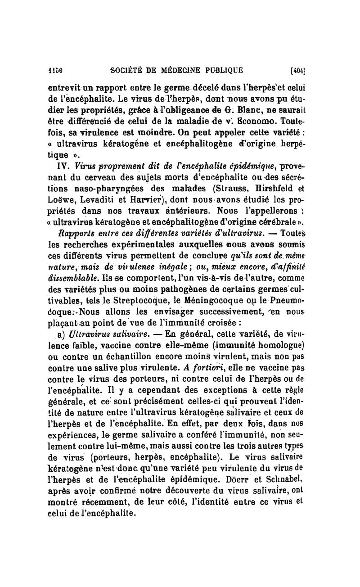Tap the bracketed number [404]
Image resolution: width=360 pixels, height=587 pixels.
coord(298,70)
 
